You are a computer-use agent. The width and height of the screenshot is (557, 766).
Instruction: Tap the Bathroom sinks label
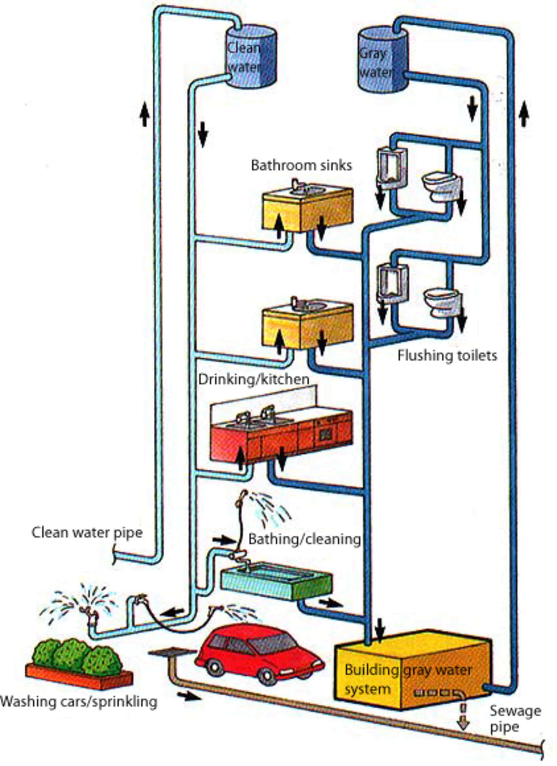click(x=301, y=166)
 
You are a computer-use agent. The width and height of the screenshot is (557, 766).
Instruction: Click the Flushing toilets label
click(x=447, y=356)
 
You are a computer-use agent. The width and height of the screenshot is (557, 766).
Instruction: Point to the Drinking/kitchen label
click(x=254, y=379)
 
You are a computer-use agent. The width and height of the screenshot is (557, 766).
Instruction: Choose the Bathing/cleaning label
click(x=304, y=539)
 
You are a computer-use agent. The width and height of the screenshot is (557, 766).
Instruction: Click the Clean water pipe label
click(x=87, y=532)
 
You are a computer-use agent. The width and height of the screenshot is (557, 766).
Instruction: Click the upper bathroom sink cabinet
click(x=307, y=208)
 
